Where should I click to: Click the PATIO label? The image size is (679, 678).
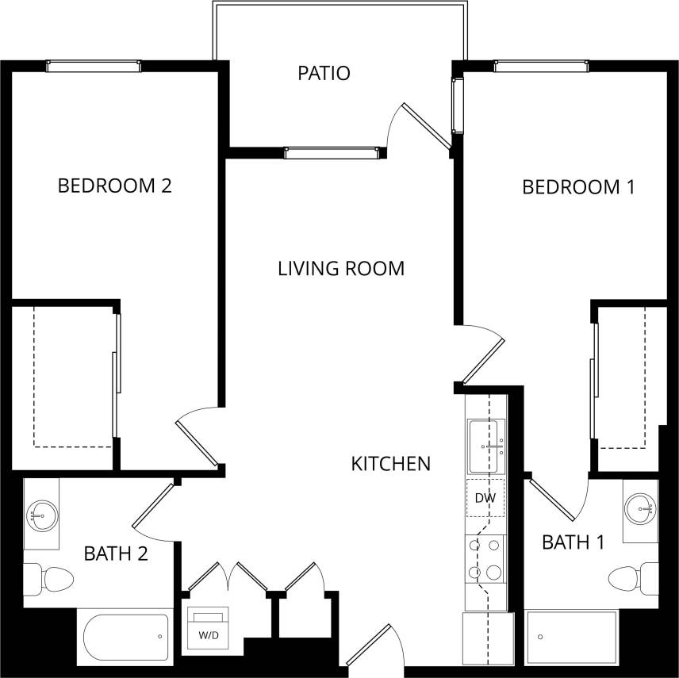[x=324, y=74]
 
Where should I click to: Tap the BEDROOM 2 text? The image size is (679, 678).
[x=115, y=186]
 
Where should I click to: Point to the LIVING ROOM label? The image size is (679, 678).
[x=341, y=268]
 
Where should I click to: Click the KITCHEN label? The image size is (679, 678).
[x=390, y=463]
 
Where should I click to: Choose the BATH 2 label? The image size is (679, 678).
[x=116, y=553]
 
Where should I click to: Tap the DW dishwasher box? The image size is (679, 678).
[x=485, y=498]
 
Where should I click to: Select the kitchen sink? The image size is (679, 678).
[x=485, y=446]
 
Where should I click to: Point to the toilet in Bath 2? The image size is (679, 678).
[x=48, y=579]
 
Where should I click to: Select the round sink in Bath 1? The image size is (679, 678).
[x=639, y=508]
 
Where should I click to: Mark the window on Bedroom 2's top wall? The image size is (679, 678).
[x=94, y=67]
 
